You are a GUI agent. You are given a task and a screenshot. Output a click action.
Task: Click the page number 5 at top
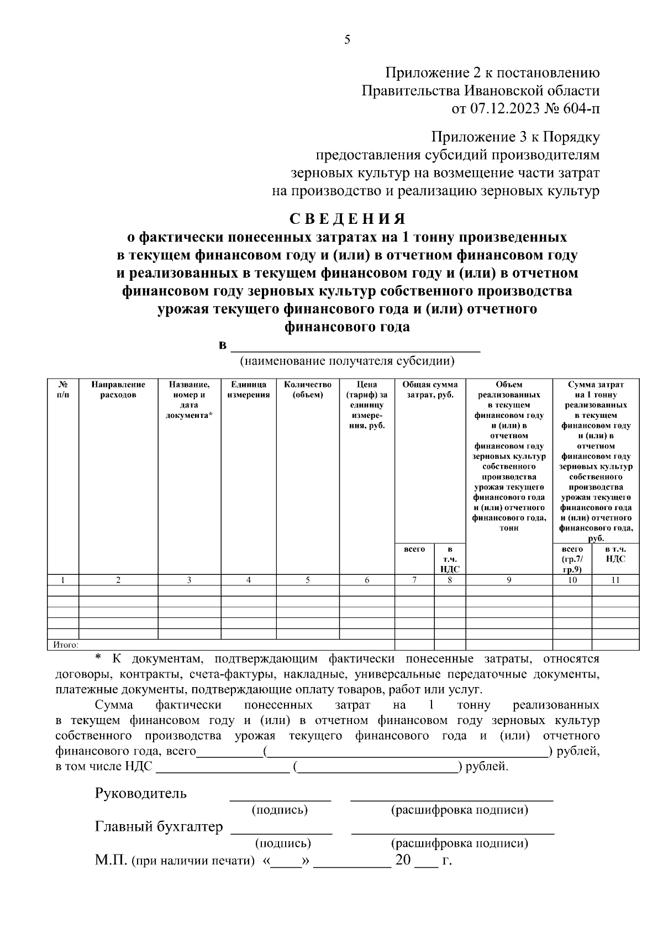347,40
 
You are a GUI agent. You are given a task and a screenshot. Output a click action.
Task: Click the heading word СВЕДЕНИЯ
348,219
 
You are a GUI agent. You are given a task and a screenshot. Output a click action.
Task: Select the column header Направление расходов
118,390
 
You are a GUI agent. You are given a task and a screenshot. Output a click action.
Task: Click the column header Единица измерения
249,390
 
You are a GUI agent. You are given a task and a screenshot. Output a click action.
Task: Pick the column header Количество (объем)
308,390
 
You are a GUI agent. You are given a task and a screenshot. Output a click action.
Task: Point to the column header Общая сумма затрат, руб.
430,390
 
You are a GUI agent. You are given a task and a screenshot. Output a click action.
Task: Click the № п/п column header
64,390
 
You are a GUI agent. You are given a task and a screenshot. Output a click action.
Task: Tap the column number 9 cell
509,580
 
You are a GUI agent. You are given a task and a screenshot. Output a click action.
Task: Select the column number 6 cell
367,580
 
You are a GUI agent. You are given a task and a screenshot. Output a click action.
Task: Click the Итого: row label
66,644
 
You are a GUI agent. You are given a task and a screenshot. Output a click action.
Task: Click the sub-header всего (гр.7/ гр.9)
572,559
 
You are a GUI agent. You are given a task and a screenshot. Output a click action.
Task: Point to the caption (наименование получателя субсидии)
346,361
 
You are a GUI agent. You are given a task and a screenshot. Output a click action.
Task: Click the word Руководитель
141,794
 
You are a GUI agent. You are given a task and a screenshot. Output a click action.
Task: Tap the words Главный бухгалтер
159,827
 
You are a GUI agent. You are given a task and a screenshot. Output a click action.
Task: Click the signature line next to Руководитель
280,798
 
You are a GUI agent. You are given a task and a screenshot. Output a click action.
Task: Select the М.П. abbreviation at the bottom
110,861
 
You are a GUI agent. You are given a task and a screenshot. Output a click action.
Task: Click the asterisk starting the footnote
98,658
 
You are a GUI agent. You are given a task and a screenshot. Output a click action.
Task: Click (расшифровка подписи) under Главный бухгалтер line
459,843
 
